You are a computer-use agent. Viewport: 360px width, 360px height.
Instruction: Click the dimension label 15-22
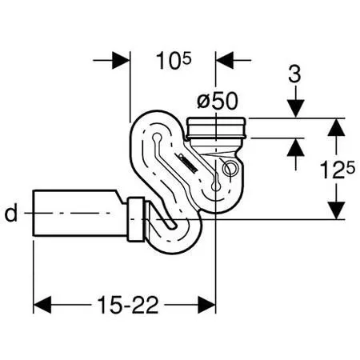pos(128,305)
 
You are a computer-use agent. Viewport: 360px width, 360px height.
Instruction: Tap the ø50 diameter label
pos(217,102)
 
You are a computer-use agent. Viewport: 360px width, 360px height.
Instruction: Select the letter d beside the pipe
pos(11,213)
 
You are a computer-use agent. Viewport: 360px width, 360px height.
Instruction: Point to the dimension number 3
pos(295,74)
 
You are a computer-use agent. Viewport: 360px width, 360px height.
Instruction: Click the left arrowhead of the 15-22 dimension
pos(42,305)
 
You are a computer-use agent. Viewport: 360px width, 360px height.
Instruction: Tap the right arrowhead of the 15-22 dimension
pos(206,305)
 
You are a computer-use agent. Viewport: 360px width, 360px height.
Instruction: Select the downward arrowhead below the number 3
pos(295,109)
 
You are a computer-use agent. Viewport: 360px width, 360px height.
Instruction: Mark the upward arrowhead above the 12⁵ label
pos(337,127)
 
